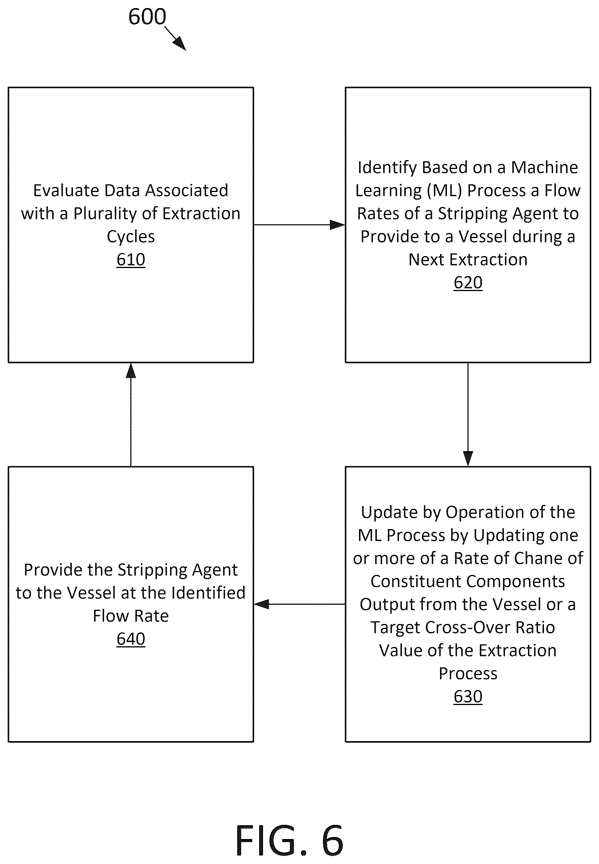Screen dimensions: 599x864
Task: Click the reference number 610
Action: coord(131,260)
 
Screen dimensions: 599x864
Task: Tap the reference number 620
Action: coord(468,283)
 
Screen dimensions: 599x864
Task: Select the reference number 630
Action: coord(468,697)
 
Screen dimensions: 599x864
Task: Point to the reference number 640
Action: coord(131,639)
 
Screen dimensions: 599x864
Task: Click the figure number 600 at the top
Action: coord(147,17)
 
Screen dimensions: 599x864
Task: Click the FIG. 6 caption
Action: coord(290,841)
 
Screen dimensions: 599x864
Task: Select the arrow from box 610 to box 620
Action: coord(299,225)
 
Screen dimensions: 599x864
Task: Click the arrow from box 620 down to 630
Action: coord(468,414)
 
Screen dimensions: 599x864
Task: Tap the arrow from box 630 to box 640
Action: coord(299,604)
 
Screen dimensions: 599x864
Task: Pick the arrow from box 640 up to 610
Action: coord(131,414)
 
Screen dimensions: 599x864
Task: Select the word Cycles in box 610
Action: coord(131,237)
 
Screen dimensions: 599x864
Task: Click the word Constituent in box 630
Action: coord(413,581)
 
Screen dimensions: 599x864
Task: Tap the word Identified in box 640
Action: coord(208,593)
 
